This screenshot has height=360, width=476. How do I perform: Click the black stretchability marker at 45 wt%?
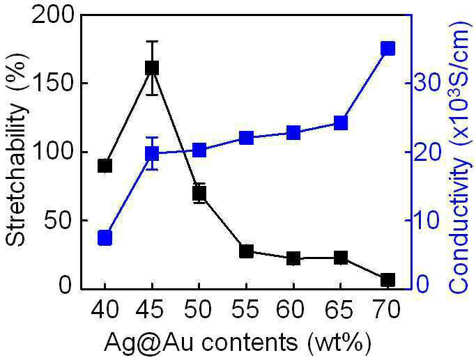152,68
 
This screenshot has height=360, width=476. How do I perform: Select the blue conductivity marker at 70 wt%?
388,49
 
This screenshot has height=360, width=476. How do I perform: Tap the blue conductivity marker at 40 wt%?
105,237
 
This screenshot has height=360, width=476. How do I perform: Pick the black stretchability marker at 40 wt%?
105,166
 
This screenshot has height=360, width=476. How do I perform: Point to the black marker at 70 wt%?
388,280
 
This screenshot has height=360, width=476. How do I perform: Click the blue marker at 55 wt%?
246,139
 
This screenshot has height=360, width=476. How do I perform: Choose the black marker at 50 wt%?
199,193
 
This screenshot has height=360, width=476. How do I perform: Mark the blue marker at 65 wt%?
341,123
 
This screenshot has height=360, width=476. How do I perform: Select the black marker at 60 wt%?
293,258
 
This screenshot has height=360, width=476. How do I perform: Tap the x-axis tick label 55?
245,308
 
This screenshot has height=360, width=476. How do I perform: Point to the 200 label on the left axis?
52,15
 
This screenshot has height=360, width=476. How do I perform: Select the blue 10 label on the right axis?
427,221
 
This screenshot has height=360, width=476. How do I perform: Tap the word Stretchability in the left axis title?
16,175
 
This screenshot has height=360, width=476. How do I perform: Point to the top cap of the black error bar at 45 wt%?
152,41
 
